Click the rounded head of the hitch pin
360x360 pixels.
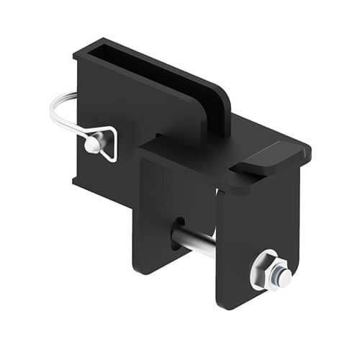click(91, 144)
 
